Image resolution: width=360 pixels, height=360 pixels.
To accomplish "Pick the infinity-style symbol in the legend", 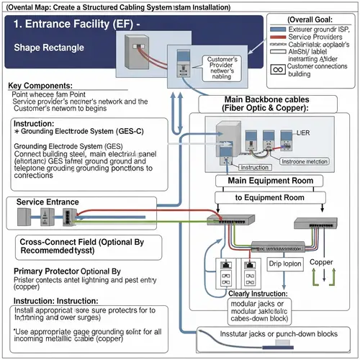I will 274,71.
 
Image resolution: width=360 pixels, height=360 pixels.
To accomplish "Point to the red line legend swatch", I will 274,36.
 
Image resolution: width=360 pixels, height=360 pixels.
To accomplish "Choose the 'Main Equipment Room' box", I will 269,181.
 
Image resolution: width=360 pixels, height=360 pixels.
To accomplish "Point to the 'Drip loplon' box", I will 284,264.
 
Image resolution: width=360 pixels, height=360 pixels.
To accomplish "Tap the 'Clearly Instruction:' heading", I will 267,293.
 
